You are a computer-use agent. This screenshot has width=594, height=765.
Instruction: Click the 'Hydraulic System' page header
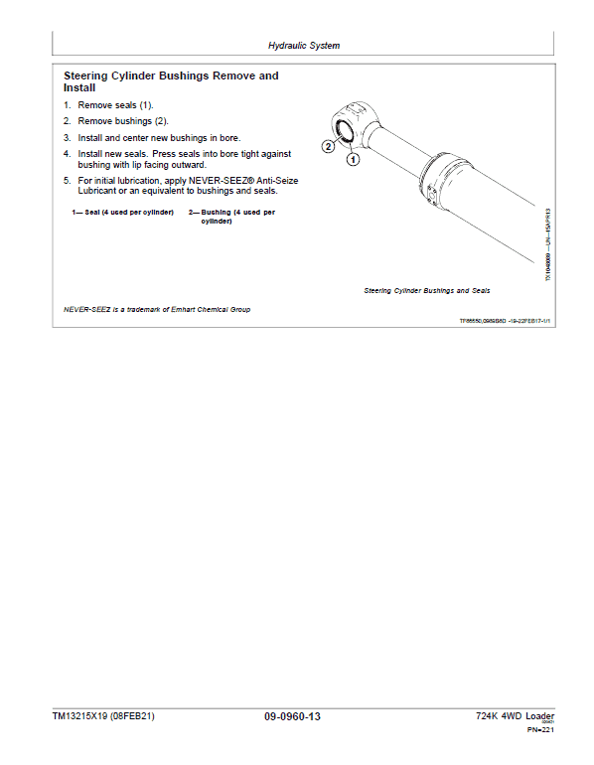[x=304, y=46]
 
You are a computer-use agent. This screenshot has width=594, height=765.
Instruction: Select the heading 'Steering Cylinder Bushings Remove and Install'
[x=171, y=81]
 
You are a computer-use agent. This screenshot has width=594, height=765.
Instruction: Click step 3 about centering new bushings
[x=159, y=137]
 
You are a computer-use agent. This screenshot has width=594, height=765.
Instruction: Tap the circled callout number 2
[x=329, y=146]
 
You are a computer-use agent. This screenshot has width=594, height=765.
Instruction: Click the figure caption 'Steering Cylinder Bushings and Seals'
[x=427, y=291]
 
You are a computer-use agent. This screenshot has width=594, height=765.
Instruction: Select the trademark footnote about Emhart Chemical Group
[x=157, y=309]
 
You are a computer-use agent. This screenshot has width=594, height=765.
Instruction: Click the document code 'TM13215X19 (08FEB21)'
[x=103, y=716]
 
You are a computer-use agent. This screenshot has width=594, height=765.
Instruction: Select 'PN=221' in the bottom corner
[x=539, y=730]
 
